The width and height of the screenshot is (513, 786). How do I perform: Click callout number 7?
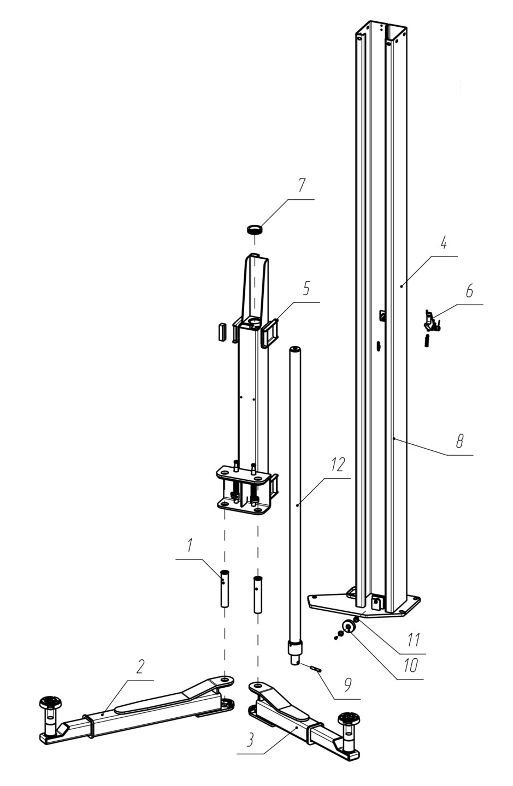click(301, 185)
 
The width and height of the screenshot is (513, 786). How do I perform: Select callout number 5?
click(306, 288)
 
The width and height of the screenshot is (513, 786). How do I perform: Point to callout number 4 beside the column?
click(444, 242)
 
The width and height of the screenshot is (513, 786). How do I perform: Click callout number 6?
click(469, 291)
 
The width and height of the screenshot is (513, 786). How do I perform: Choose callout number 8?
click(460, 440)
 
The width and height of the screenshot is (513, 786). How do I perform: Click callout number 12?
click(337, 465)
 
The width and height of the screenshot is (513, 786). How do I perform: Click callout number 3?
click(250, 739)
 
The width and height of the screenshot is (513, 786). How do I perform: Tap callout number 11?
click(414, 640)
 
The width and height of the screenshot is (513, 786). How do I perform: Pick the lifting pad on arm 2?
click(50, 703)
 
